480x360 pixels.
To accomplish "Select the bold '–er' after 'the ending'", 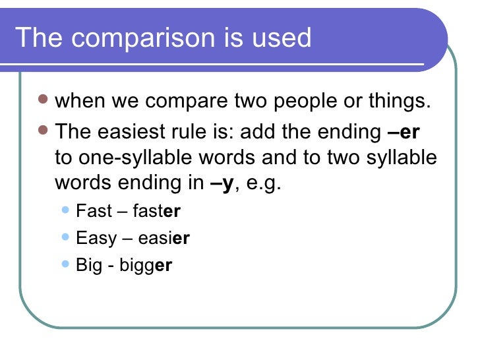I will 404,132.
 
